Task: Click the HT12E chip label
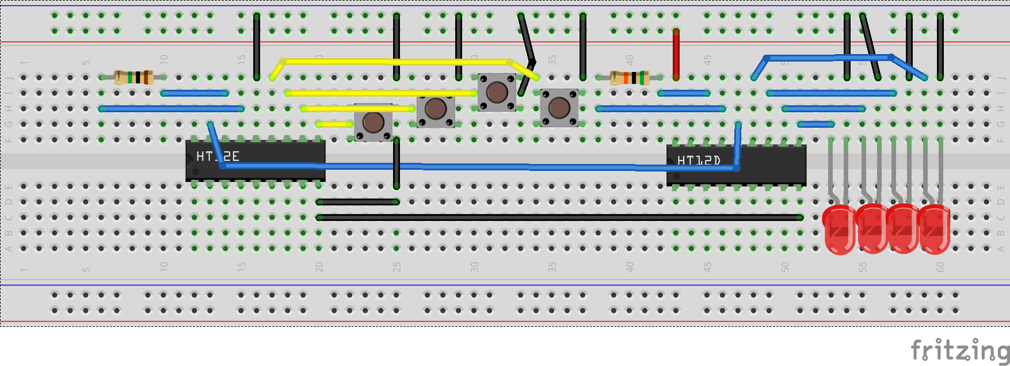coord(218,156)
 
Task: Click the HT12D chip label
coord(699,161)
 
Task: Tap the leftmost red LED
coord(839,229)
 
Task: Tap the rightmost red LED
coord(934,229)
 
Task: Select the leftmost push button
coord(373,122)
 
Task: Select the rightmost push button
coord(559,107)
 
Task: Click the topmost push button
coord(497,92)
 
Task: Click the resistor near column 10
coord(134,77)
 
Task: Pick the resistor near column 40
coord(630,78)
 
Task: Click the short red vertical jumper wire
coord(676,54)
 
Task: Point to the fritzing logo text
coord(959,349)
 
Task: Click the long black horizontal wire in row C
coord(558,218)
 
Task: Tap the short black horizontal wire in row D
coord(357,202)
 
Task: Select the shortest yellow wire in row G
coord(334,124)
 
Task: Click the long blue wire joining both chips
coord(478,167)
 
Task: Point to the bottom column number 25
coord(397,267)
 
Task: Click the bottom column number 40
coord(630,267)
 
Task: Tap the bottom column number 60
coord(940,267)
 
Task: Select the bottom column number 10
coord(163,267)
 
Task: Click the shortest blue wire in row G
coord(815,124)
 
